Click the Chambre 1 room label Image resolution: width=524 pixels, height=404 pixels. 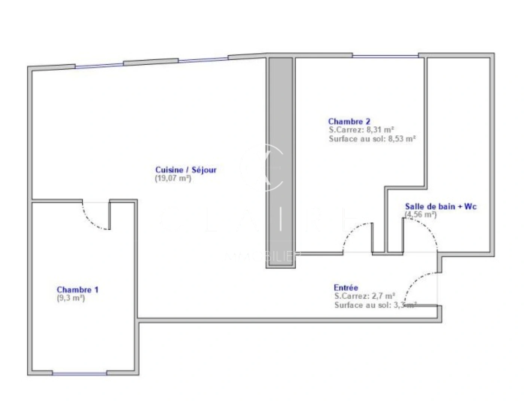(77, 290)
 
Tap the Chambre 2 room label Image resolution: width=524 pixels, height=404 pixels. (349, 121)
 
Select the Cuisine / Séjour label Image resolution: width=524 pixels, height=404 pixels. (186, 170)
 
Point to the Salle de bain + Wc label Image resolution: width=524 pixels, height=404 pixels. (441, 206)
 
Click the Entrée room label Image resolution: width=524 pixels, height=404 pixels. (346, 287)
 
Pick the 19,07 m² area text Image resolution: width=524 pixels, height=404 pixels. (173, 178)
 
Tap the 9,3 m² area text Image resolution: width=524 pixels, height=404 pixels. (71, 298)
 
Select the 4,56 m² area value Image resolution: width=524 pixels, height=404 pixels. (421, 214)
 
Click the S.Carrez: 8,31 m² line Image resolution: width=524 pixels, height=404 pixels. (361, 130)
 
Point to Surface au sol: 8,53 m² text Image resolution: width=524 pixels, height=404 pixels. (372, 139)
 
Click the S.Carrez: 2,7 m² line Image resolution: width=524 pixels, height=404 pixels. (365, 296)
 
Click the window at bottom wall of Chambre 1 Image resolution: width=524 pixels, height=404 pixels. (79, 373)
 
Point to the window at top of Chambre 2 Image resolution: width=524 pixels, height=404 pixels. (386, 56)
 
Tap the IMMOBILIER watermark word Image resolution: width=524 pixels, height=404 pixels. (262, 255)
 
